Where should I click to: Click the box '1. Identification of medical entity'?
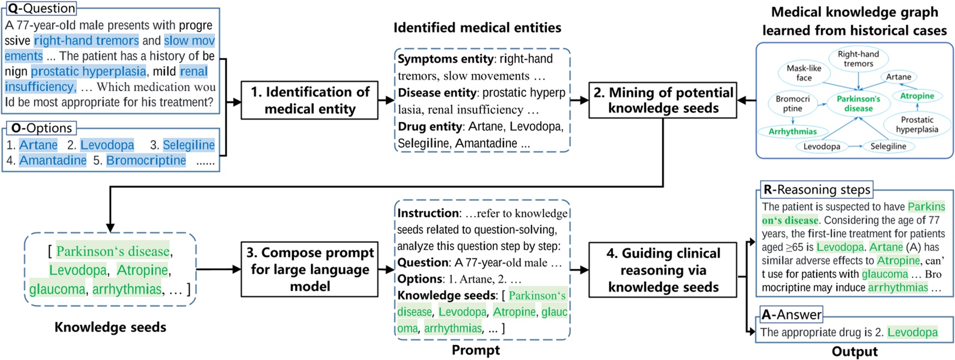pyautogui.click(x=310, y=101)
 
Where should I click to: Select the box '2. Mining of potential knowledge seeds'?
pyautogui.click(x=663, y=101)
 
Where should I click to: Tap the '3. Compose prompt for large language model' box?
pyautogui.click(x=310, y=269)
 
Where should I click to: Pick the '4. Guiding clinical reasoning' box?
pyautogui.click(x=663, y=270)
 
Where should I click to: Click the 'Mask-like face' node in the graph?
pyautogui.click(x=804, y=73)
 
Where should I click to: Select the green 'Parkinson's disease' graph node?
pyautogui.click(x=858, y=103)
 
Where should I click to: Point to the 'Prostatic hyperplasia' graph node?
pyautogui.click(x=917, y=125)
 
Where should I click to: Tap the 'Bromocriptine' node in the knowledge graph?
pyautogui.click(x=792, y=103)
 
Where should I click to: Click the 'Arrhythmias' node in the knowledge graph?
pyautogui.click(x=792, y=132)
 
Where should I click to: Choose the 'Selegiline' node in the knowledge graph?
pyautogui.click(x=888, y=146)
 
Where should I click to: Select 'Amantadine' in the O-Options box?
pyautogui.click(x=52, y=160)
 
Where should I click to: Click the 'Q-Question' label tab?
pyautogui.click(x=41, y=8)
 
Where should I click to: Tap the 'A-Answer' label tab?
pyautogui.click(x=791, y=314)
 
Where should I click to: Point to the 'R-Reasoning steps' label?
pyautogui.click(x=816, y=190)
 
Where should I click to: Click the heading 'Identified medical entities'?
pyautogui.click(x=477, y=28)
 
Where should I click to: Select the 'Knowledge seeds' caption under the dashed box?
pyautogui.click(x=110, y=327)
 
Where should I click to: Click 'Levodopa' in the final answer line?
pyautogui.click(x=912, y=332)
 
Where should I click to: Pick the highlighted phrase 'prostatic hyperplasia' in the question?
pyautogui.click(x=88, y=72)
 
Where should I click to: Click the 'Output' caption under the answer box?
pyautogui.click(x=854, y=351)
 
